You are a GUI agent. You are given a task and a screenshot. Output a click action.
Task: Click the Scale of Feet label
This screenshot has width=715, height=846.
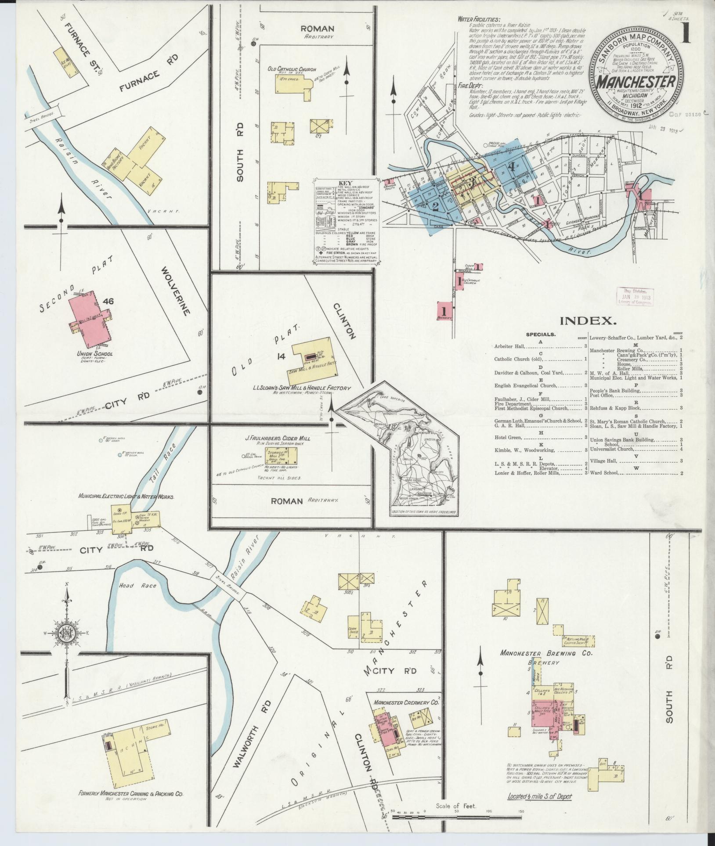pos(456,806)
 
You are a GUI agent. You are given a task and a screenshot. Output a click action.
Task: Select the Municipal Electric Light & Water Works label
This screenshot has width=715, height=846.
pos(126,497)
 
